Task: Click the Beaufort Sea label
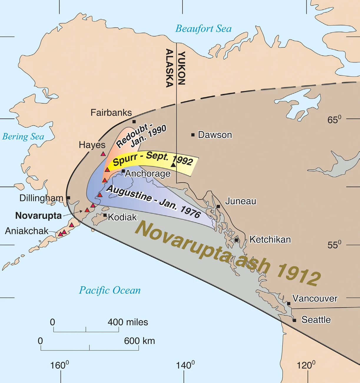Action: click(x=203, y=29)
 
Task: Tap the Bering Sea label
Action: click(x=23, y=137)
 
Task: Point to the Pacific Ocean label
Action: click(x=110, y=290)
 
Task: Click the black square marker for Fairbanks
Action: click(x=134, y=122)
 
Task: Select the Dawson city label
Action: click(x=215, y=135)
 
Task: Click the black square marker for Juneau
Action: click(x=218, y=207)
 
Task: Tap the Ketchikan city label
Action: click(x=270, y=240)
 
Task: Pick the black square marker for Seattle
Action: click(x=294, y=320)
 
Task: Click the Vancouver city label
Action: click(x=315, y=298)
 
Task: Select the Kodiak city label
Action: click(x=122, y=217)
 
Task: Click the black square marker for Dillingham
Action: click(x=68, y=198)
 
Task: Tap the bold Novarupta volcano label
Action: click(x=38, y=216)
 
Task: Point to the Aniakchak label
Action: click(x=26, y=231)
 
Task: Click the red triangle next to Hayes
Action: click(x=103, y=154)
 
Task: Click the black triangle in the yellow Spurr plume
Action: click(x=173, y=165)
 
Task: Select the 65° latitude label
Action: click(x=334, y=120)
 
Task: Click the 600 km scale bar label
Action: click(x=139, y=341)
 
